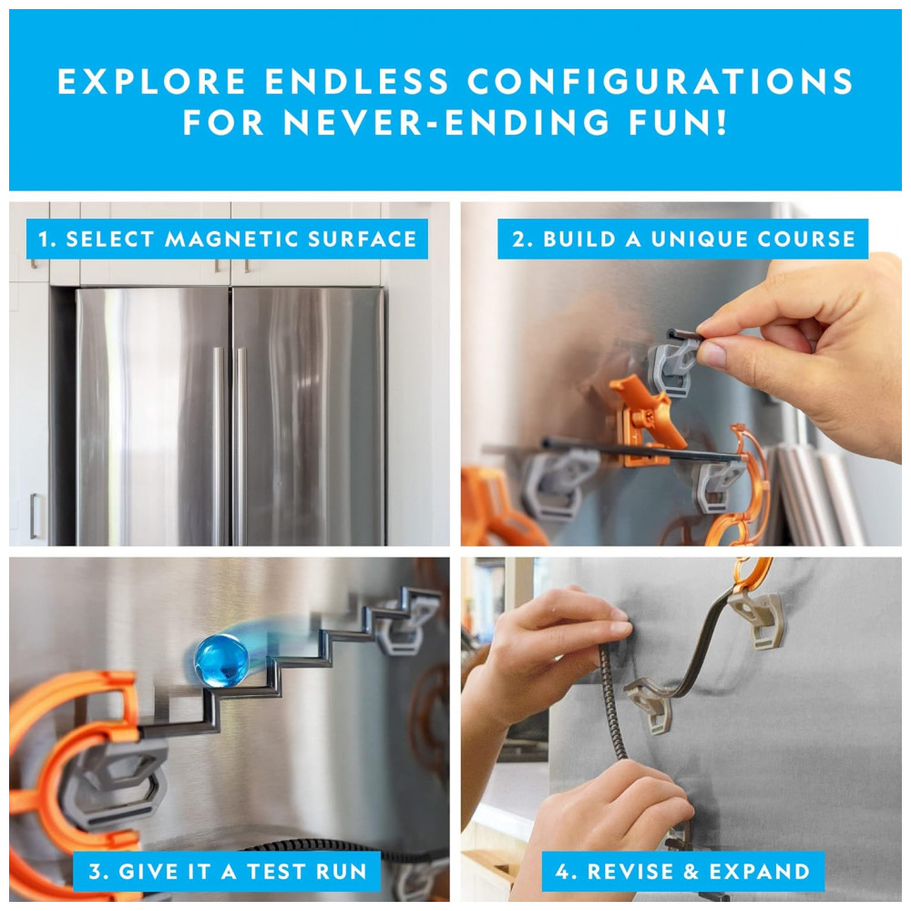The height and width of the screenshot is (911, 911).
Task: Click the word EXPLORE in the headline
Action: point(151,81)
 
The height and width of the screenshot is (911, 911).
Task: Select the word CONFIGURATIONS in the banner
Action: point(660,81)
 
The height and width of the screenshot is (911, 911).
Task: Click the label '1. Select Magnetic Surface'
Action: point(227,239)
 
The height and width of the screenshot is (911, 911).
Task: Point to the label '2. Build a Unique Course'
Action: point(682,239)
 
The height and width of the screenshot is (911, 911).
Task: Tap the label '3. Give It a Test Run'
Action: point(227,871)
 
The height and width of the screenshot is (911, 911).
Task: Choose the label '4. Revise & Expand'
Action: point(682,871)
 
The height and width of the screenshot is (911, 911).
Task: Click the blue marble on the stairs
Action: point(221,660)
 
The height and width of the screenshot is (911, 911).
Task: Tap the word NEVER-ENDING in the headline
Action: point(446,122)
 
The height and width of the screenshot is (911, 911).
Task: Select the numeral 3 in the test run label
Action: point(95,871)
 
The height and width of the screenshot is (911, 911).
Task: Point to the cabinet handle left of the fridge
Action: point(35,516)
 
